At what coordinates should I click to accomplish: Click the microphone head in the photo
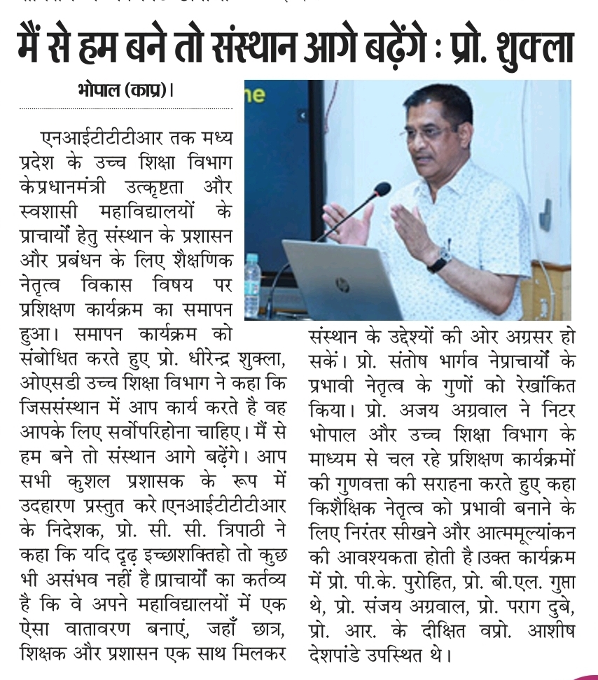point(382,189)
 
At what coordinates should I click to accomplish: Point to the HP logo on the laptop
point(342,285)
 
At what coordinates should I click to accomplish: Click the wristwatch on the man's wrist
point(439,261)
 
